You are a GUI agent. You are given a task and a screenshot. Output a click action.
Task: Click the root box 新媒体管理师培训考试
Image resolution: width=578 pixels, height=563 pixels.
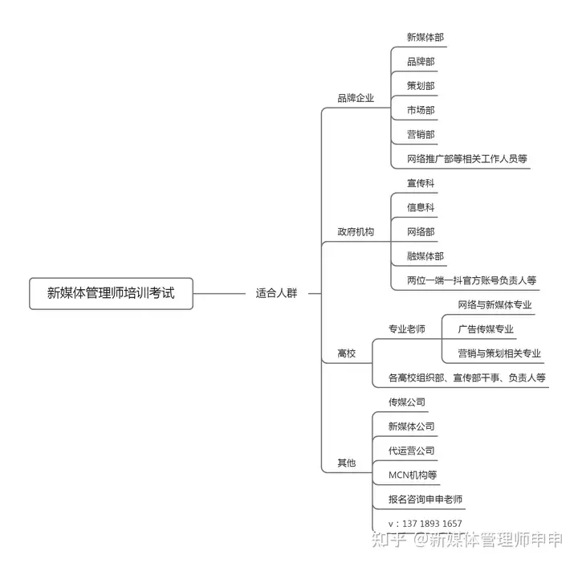[x=111, y=293]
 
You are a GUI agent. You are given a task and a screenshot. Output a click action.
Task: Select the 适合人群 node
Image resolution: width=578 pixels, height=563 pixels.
[x=276, y=293]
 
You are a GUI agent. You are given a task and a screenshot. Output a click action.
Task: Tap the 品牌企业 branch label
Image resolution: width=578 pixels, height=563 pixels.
[x=356, y=98]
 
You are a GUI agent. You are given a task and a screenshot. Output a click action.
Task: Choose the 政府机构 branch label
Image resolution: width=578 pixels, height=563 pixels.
[x=356, y=232]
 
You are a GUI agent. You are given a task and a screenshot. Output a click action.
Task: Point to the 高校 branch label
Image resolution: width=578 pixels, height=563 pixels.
[x=347, y=353]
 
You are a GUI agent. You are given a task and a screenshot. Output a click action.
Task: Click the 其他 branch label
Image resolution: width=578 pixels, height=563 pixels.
[x=347, y=463]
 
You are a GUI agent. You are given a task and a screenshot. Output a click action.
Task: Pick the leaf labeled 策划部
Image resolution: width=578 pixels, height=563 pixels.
[x=421, y=86]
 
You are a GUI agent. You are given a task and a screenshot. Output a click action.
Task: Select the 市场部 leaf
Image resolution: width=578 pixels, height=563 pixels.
[x=421, y=110]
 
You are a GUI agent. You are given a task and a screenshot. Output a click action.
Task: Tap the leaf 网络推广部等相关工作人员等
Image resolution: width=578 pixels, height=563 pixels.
[x=467, y=159]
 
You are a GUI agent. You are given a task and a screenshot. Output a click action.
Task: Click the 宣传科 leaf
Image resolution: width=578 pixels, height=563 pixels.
[x=421, y=183]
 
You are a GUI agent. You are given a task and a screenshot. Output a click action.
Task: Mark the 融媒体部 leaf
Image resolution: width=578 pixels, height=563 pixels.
[x=425, y=256]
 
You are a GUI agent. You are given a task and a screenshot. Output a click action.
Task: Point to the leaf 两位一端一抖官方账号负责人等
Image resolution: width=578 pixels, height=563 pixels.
[x=471, y=280]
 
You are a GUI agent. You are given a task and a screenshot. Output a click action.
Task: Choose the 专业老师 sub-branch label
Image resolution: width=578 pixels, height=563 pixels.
[x=406, y=329]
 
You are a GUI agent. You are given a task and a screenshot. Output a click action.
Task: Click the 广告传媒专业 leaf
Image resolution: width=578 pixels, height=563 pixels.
[x=486, y=329]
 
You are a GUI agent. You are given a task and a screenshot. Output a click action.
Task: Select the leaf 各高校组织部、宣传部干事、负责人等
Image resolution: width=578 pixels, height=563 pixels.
[x=466, y=378]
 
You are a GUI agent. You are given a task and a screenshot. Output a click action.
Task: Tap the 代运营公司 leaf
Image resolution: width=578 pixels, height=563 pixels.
[x=411, y=451]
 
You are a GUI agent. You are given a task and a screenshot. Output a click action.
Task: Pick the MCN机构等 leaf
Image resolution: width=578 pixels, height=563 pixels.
[x=413, y=475]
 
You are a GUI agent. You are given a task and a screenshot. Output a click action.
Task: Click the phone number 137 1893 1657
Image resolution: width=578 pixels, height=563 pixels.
[x=432, y=524]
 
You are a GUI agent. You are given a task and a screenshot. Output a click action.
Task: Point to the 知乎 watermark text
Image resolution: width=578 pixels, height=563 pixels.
[x=389, y=540]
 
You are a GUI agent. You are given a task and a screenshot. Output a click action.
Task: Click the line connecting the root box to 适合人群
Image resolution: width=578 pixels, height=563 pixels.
[x=219, y=294]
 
